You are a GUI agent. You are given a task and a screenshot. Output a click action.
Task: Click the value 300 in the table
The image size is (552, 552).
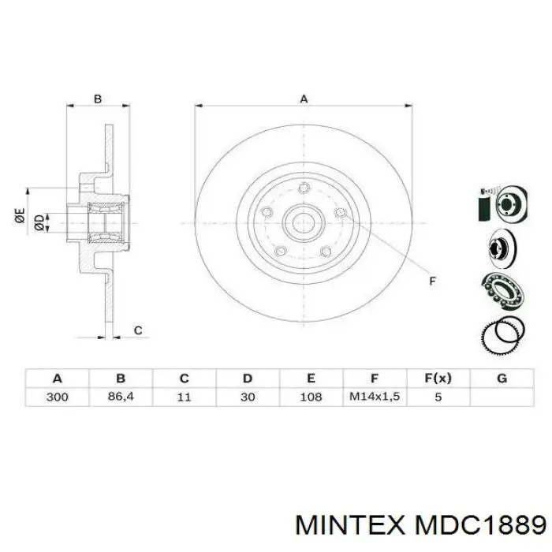click(x=57, y=397)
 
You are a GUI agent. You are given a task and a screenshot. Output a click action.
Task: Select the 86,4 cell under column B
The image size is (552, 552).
click(x=121, y=397)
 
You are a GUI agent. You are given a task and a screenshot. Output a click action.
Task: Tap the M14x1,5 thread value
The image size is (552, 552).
click(x=375, y=397)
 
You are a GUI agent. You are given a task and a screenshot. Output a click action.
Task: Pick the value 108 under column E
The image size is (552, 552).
click(x=311, y=397)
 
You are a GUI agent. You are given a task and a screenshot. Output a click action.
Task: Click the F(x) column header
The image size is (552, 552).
click(x=438, y=378)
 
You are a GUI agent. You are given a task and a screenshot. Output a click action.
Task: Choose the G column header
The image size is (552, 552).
click(x=502, y=378)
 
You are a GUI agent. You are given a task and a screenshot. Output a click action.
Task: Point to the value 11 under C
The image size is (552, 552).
click(x=184, y=397)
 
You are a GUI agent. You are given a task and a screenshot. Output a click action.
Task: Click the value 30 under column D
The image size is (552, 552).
click(x=248, y=397)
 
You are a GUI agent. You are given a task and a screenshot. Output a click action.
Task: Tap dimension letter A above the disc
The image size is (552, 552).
click(x=304, y=99)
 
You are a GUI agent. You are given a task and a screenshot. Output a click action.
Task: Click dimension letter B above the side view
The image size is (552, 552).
click(x=98, y=99)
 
